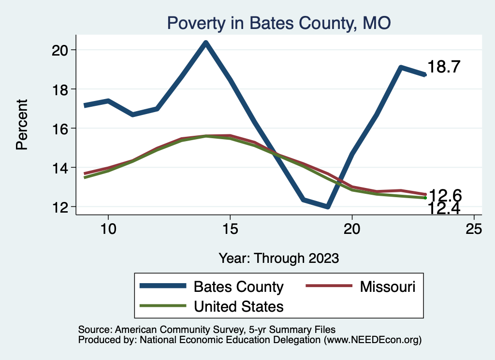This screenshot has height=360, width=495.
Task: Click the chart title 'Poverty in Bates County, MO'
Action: (278, 23)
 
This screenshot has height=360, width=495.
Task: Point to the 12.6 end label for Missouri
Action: (445, 196)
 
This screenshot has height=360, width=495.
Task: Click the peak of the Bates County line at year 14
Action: (206, 43)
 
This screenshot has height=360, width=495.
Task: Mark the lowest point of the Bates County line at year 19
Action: (328, 207)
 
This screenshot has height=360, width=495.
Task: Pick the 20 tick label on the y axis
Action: (61, 50)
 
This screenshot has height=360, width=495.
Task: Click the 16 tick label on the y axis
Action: (61, 129)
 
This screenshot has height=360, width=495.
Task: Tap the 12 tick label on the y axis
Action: (61, 207)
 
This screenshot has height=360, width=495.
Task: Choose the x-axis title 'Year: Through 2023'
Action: (278, 258)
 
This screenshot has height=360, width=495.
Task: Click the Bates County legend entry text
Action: (238, 287)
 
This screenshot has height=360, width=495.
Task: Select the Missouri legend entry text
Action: (387, 287)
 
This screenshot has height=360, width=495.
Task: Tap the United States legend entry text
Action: (238, 306)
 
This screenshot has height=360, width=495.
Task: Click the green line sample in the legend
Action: (163, 306)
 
